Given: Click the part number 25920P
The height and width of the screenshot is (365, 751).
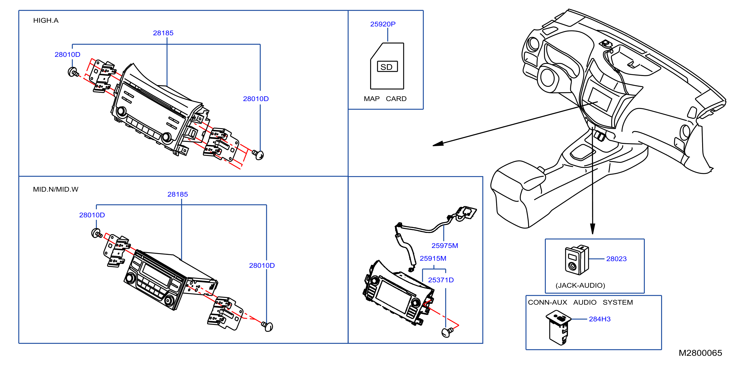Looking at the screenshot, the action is (x=383, y=24).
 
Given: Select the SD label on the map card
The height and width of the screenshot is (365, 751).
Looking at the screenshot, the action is (x=387, y=67).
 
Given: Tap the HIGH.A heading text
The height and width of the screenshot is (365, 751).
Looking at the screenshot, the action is (x=46, y=20).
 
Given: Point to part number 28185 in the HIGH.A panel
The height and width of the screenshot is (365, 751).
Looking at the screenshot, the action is (x=163, y=33).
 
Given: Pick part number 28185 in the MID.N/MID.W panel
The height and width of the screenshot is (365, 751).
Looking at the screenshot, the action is (x=177, y=194).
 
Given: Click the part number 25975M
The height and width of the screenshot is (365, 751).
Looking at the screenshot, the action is (x=445, y=246).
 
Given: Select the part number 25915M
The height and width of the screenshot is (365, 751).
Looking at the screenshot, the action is (x=433, y=259).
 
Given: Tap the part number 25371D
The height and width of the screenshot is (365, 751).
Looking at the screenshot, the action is (x=441, y=280).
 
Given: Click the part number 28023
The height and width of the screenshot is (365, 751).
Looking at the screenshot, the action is (x=616, y=259).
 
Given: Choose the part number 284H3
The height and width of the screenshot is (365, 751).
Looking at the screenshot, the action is (x=600, y=319).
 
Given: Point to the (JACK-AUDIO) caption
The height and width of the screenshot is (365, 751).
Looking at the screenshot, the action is (x=580, y=285).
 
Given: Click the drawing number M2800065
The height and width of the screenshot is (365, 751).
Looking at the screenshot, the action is (x=700, y=353).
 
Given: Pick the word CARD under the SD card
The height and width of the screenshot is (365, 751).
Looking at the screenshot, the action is (x=396, y=99).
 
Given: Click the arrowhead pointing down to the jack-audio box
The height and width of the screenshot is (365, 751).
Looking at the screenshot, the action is (x=592, y=229).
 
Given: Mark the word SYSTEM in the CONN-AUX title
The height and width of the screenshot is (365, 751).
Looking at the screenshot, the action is (x=618, y=303).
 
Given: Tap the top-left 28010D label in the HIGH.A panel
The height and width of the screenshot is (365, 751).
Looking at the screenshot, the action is (x=67, y=55).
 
